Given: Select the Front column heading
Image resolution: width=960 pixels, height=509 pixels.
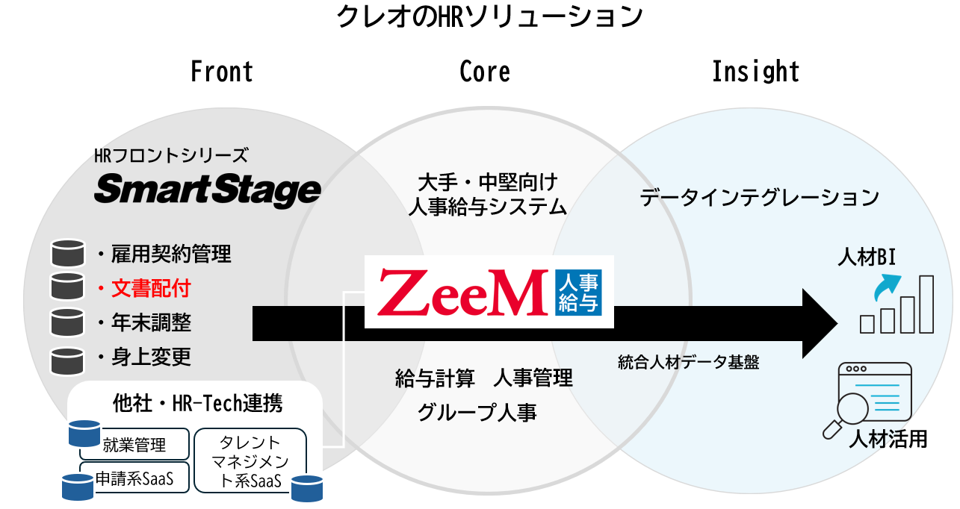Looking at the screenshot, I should click(222, 72).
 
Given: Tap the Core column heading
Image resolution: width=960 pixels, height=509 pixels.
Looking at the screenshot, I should click(485, 72).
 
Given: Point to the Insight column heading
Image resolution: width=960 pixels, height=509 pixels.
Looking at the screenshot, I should click(755, 72).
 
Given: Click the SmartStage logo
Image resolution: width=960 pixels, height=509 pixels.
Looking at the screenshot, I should click(207, 190).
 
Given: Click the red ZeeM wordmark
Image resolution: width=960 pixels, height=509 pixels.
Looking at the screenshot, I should click(462, 292).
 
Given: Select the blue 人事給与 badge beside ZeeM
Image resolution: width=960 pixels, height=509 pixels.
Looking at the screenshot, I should click(578, 292).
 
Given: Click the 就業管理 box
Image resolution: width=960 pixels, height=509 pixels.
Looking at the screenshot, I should click(134, 446).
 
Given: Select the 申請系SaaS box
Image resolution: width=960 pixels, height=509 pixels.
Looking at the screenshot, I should click(134, 478).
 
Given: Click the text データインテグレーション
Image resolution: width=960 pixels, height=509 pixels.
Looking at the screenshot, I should click(759, 198).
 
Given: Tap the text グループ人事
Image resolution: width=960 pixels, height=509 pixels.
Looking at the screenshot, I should click(477, 412).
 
